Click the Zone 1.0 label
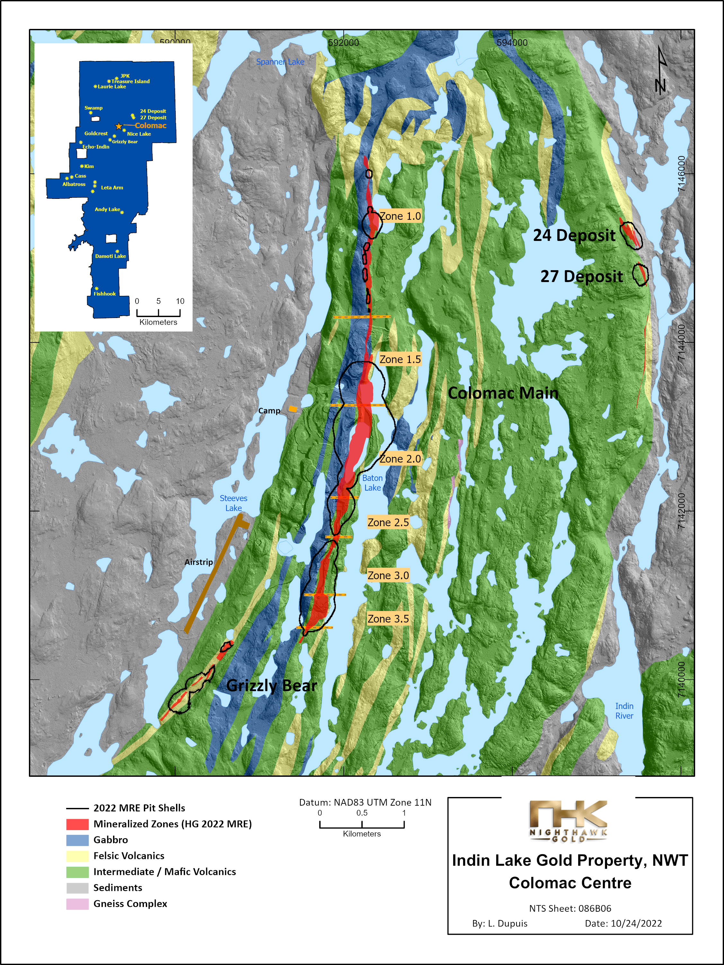pyautogui.click(x=400, y=216)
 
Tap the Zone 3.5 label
pyautogui.click(x=388, y=619)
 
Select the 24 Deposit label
pyautogui.click(x=574, y=235)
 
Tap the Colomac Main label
pyautogui.click(x=503, y=393)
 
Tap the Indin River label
pyautogui.click(x=624, y=711)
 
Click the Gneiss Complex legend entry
pyautogui.click(x=130, y=904)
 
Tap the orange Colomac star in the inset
pyautogui.click(x=119, y=126)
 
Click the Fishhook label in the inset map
pyautogui.click(x=105, y=294)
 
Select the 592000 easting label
pyautogui.click(x=344, y=43)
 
